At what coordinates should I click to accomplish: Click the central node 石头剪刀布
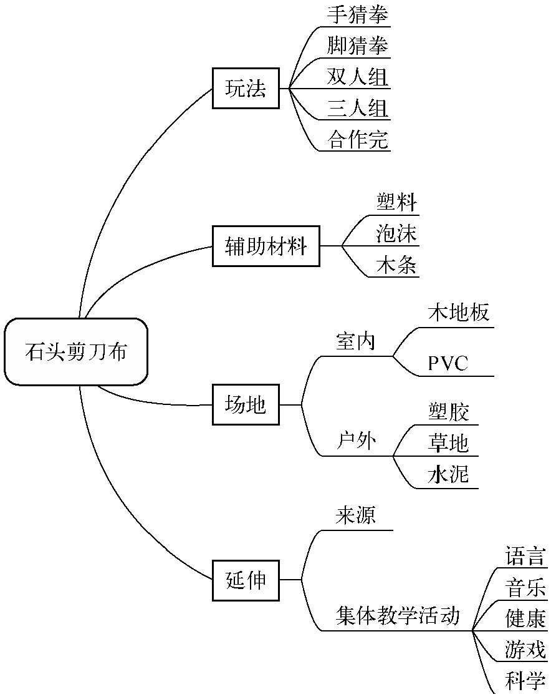pos(75,352)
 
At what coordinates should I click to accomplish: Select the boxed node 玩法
pos(246,89)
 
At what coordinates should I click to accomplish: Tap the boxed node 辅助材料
pos(266,246)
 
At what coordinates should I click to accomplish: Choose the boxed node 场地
pos(246,405)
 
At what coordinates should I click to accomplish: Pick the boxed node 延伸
pos(246,580)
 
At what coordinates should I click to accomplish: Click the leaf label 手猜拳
pos(357,14)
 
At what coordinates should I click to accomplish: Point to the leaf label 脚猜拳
pos(357,46)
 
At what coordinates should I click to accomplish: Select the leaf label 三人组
pos(357,109)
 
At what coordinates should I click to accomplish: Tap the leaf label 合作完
pos(357,140)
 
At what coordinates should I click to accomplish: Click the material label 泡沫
pos(396,234)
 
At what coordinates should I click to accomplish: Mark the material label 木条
pos(396,266)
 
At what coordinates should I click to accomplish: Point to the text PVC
pos(448,364)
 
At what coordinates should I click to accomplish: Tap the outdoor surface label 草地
pos(448,443)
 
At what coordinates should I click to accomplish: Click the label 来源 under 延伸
pos(356,516)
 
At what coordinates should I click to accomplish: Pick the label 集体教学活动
pos(398,616)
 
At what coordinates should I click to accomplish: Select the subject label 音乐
pos(525,588)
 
